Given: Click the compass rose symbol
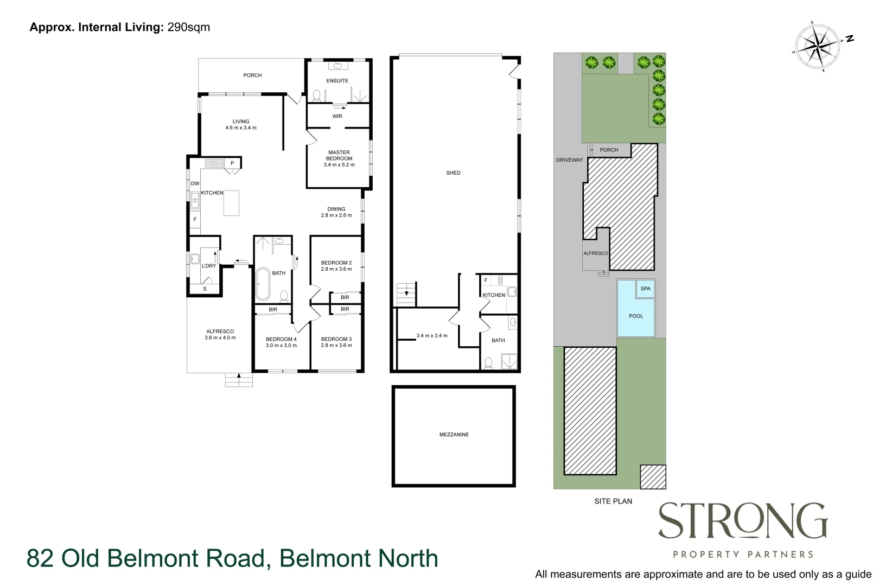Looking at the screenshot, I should click(x=818, y=46).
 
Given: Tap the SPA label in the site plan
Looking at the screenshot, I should click(x=645, y=289).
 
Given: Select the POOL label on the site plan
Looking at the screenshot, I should click(x=635, y=316).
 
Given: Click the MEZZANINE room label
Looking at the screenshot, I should click(x=454, y=435).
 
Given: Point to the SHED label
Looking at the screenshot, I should click(x=453, y=173).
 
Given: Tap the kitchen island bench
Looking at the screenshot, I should click(x=231, y=202).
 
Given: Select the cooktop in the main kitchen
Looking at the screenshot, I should click(x=214, y=163).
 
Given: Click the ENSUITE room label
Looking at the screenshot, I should click(x=337, y=81).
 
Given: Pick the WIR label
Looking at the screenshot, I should click(x=337, y=116).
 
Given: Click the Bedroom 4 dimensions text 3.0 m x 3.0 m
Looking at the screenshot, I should click(x=281, y=346).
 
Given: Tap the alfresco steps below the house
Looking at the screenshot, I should click(x=239, y=380).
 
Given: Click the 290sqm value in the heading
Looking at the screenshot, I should click(x=188, y=27).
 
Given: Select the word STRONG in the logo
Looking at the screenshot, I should click(x=742, y=521).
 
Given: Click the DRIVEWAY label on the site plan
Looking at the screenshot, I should click(x=569, y=160).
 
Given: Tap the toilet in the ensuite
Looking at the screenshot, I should click(x=317, y=95).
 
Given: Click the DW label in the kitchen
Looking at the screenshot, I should click(x=195, y=184).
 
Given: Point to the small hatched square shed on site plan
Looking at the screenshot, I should click(x=653, y=476).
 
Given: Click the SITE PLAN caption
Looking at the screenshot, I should click(x=613, y=501).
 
